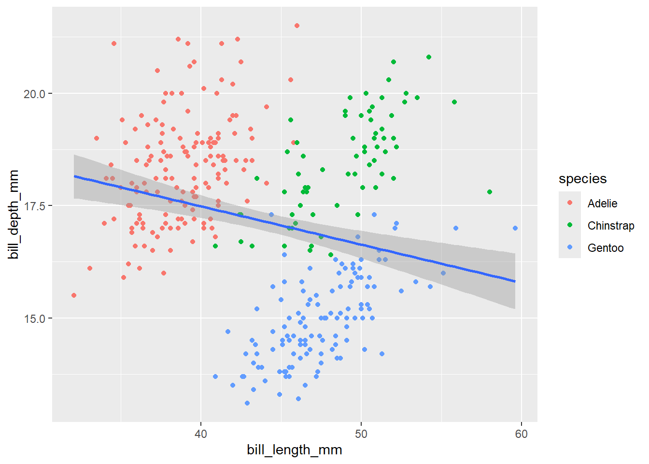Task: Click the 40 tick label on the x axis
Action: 200,434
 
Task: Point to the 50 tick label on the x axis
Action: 361,434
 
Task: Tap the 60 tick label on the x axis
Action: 521,434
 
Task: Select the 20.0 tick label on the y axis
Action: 34,94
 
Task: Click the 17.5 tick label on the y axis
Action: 34,206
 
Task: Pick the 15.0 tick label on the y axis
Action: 34,319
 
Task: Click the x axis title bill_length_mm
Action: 294,450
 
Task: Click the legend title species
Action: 582,179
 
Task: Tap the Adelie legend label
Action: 602,203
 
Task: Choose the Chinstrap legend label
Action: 611,226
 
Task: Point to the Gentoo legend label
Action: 606,248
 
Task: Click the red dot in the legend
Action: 570,203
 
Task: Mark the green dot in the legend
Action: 570,225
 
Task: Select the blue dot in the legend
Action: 570,247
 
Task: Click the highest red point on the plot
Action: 297,26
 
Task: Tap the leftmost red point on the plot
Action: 74,295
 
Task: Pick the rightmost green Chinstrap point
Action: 490,192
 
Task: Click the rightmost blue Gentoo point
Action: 515,228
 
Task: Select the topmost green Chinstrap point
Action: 429,57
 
